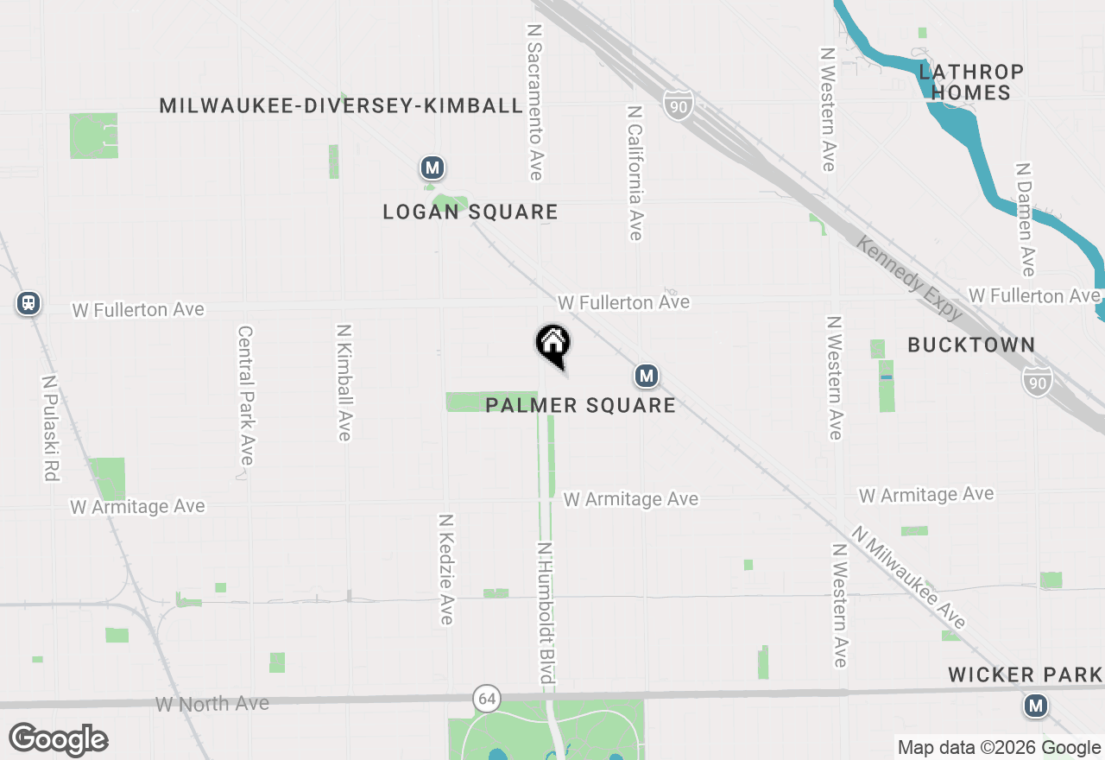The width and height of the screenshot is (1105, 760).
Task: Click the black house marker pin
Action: [553, 344]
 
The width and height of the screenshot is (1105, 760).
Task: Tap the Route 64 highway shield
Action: [486, 698]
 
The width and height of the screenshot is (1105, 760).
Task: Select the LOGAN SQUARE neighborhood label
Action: [470, 212]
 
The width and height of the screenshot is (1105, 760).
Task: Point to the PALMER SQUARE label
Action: [580, 405]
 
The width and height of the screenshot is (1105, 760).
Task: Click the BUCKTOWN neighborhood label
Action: [971, 345]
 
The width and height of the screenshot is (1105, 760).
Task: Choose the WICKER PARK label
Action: [1025, 674]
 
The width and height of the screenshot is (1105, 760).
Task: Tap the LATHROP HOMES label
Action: [971, 82]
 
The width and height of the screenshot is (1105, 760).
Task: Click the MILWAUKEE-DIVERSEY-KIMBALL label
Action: [341, 105]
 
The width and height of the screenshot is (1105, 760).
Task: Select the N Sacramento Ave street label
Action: [535, 102]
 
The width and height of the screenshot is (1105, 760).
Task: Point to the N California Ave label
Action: [635, 173]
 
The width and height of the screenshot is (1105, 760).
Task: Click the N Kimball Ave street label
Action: [344, 383]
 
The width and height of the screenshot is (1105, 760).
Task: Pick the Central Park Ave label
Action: [246, 395]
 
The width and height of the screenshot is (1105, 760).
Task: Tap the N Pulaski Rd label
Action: [48, 427]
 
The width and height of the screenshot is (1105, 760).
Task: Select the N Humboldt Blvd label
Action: [546, 613]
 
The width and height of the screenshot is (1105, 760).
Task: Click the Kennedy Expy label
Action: [910, 278]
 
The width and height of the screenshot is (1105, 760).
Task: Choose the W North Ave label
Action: [212, 704]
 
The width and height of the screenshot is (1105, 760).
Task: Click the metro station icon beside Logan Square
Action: [432, 167]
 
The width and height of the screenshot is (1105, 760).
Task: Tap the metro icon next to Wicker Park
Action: [1036, 706]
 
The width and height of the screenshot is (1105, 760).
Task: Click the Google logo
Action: [58, 740]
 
